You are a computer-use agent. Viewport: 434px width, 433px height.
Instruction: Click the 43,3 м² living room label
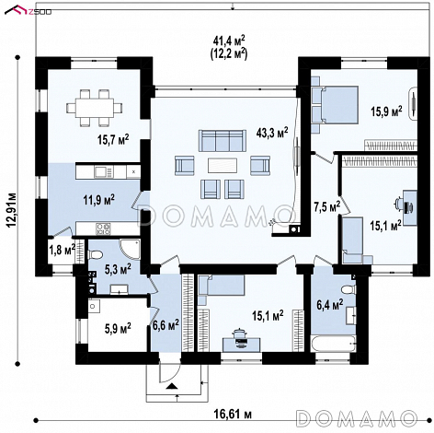[272, 134]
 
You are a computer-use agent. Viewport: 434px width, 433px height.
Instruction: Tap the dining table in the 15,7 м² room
[95, 108]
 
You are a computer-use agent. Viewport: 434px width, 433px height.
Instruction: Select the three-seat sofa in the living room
[223, 141]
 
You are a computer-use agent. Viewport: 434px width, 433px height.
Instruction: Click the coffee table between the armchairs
[223, 165]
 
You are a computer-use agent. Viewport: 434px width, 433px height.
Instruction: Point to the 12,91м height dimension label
[12, 210]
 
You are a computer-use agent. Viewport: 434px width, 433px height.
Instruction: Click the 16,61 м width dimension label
[233, 415]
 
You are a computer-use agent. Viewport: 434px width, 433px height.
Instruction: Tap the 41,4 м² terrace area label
[229, 41]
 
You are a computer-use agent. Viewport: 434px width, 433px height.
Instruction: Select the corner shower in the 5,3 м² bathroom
[130, 250]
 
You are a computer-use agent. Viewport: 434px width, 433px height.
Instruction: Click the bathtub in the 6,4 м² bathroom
[333, 344]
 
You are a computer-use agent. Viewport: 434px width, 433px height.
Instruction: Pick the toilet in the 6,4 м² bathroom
[348, 289]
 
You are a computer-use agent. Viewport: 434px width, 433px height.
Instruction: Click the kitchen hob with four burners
[103, 228]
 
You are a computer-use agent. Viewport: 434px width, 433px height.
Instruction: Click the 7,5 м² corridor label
[327, 207]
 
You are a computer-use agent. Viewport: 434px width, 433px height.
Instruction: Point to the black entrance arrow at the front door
[172, 386]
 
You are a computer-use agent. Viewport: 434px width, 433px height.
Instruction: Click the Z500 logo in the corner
[28, 10]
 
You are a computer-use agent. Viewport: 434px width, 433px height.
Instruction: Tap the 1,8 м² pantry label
[62, 250]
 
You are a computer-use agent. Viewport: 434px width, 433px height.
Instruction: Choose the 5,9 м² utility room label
[118, 329]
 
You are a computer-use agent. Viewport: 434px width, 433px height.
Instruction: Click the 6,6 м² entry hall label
[166, 325]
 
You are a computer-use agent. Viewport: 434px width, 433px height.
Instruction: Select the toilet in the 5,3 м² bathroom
[95, 254]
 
